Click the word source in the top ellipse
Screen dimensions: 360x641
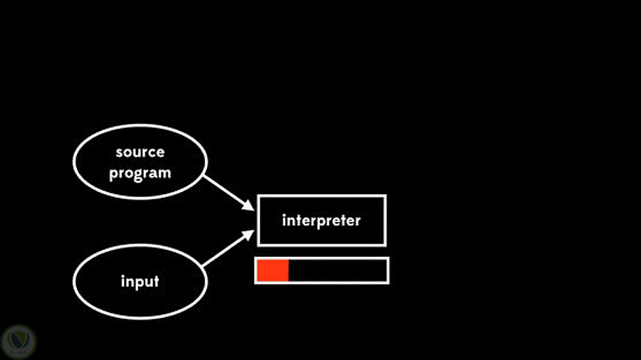click(x=140, y=152)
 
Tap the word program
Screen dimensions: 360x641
click(x=140, y=174)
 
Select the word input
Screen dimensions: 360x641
click(x=140, y=281)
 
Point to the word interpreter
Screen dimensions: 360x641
click(x=321, y=220)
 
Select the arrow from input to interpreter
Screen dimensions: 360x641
click(x=226, y=251)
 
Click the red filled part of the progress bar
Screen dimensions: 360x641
click(x=272, y=270)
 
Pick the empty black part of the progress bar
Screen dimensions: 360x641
click(x=337, y=270)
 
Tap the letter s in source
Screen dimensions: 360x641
click(x=119, y=152)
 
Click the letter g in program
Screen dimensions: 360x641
click(x=138, y=175)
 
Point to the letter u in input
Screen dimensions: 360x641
click(x=147, y=282)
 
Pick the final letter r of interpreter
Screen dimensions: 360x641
click(x=358, y=221)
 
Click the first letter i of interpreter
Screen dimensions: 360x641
click(x=284, y=220)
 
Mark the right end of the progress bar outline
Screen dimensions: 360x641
click(x=388, y=270)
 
